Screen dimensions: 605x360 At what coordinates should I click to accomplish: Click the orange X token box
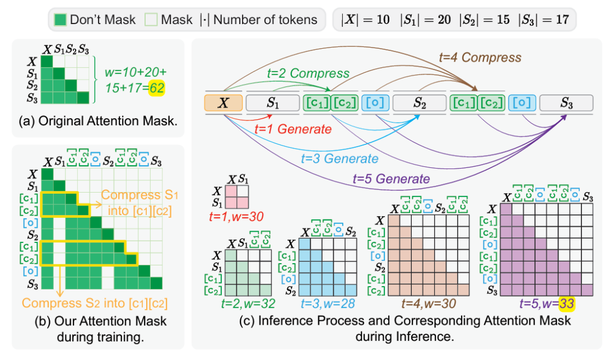[224, 103]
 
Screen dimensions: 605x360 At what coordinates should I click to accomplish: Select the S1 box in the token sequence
[273, 103]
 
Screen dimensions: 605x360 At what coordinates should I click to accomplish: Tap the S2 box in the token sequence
[420, 103]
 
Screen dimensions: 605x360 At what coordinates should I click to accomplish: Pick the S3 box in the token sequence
[566, 103]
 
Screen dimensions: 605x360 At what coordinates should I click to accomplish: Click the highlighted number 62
[157, 88]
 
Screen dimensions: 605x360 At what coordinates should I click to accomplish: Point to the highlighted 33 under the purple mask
[567, 303]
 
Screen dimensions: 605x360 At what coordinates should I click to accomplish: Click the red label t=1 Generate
[293, 129]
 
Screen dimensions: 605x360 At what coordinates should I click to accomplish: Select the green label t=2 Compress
[308, 73]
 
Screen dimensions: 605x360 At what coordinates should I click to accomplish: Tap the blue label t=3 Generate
[339, 158]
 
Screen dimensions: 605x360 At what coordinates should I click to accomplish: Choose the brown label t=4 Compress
[480, 58]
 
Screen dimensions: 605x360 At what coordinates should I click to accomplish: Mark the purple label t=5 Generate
[391, 179]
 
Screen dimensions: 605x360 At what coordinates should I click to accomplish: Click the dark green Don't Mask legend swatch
[60, 20]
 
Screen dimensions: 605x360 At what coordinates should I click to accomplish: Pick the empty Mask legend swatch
[151, 20]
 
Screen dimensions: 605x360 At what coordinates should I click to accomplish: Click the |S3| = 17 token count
[543, 20]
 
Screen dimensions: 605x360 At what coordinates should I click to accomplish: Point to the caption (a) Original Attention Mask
[98, 121]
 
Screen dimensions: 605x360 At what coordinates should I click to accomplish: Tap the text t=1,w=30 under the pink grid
[236, 217]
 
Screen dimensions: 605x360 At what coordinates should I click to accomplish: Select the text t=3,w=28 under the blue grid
[328, 303]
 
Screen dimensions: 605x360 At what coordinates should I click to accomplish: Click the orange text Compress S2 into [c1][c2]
[95, 303]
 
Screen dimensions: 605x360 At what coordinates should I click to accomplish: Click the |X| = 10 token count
[366, 20]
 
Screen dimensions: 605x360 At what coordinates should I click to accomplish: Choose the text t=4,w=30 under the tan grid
[429, 303]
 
